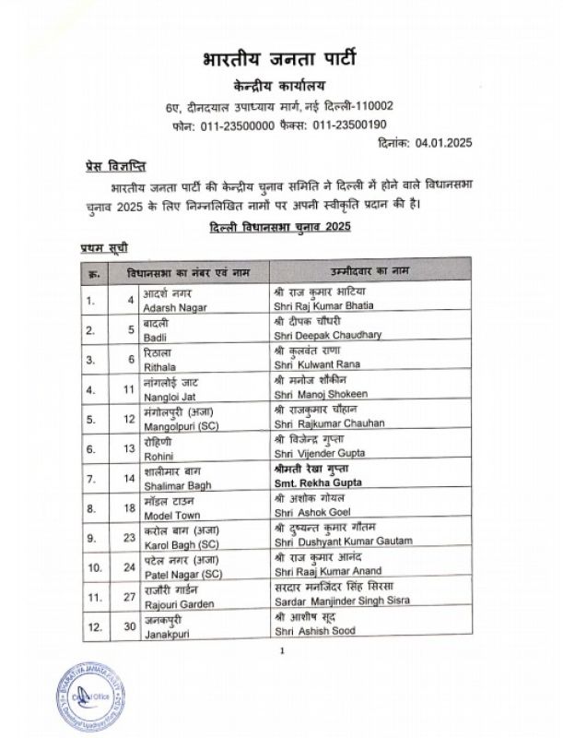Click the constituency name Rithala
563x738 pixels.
coord(159,363)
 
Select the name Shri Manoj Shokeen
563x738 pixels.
coord(320,394)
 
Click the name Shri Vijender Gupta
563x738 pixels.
coord(320,454)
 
